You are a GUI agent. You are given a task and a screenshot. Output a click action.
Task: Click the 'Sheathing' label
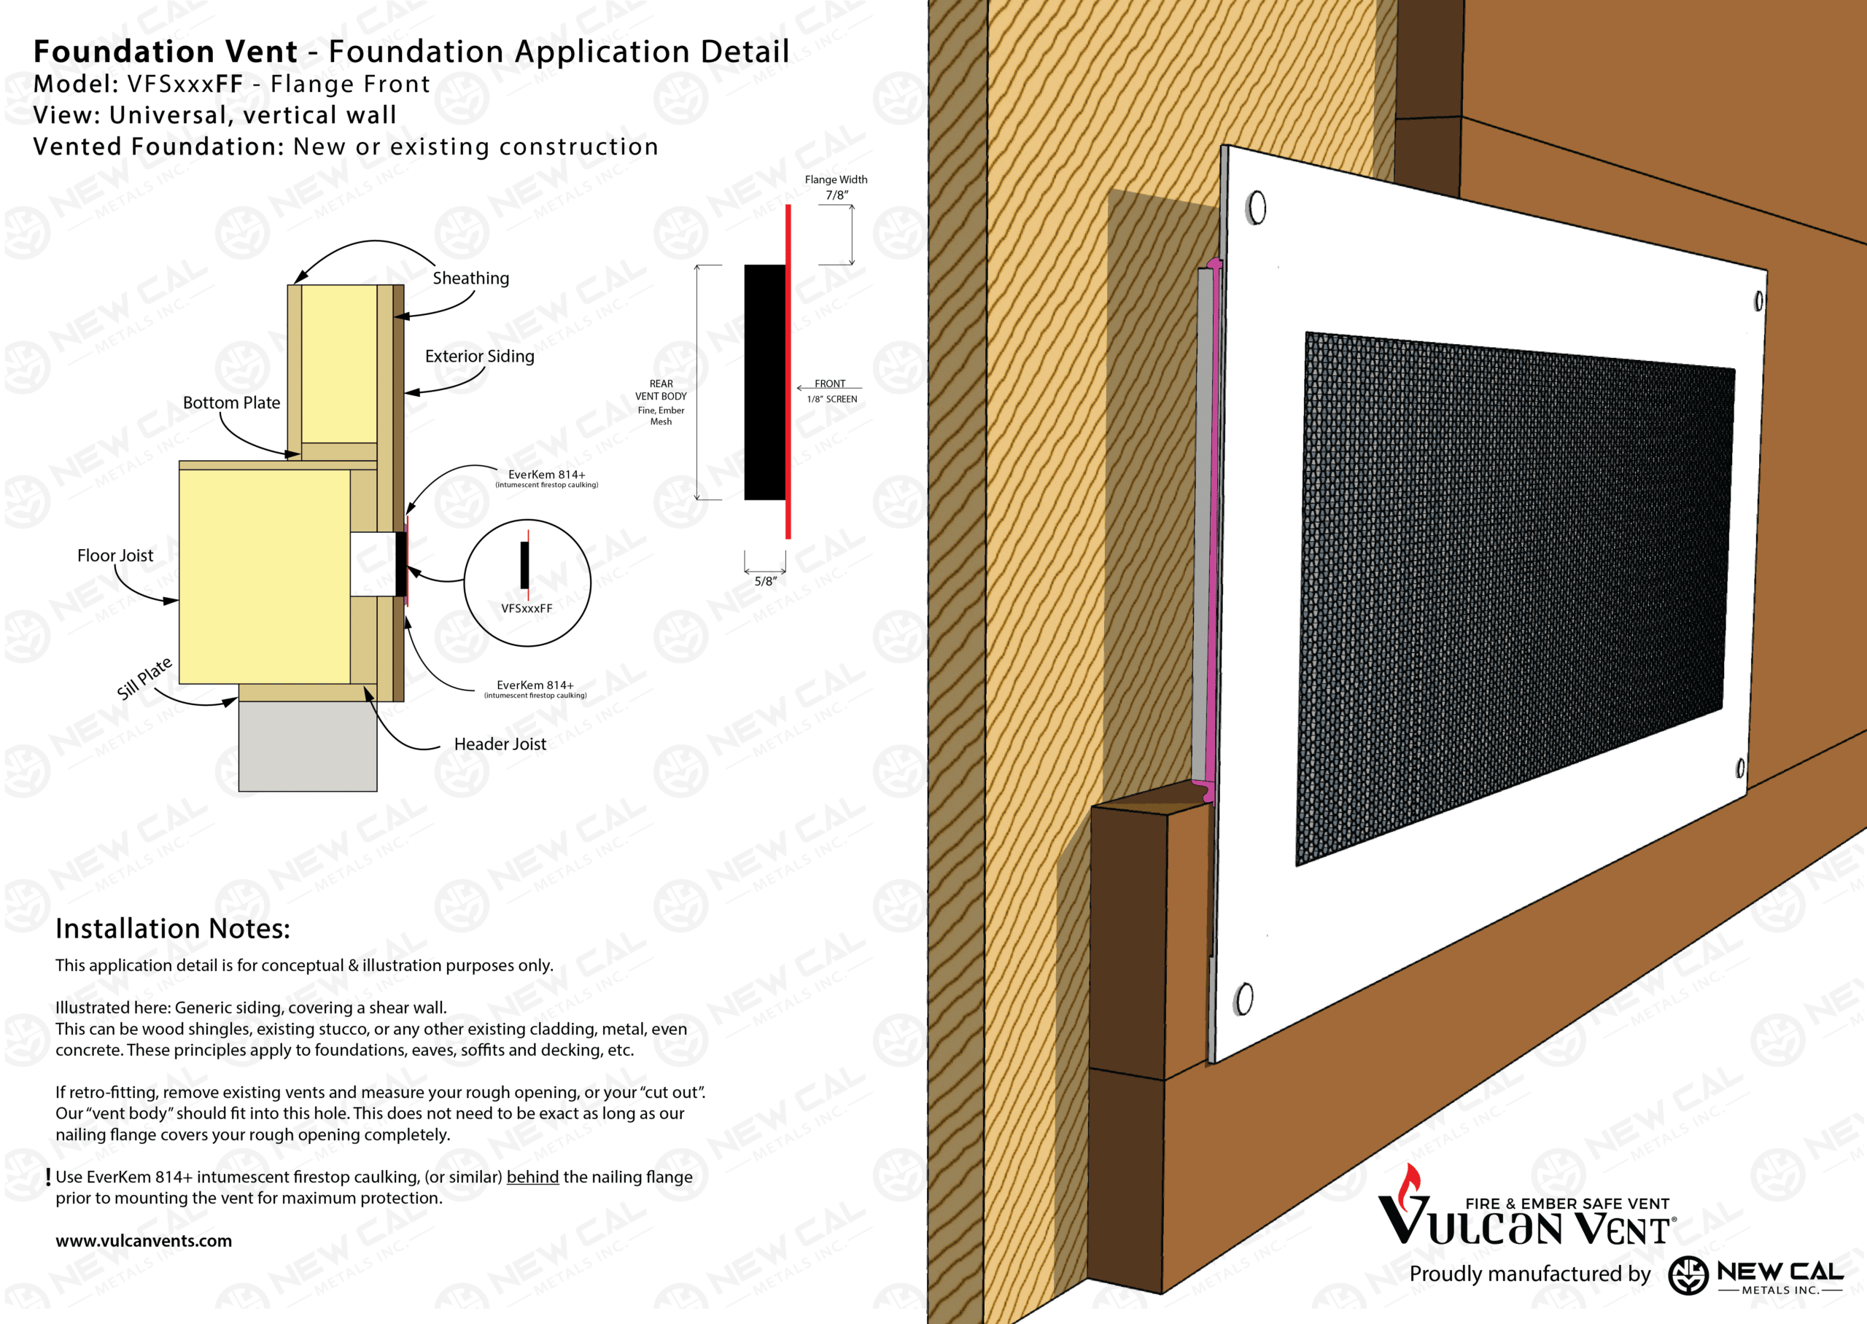coord(470,278)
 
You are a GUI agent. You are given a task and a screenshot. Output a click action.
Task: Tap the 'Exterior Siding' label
coord(479,357)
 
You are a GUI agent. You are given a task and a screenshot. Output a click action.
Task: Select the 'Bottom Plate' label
coord(231,402)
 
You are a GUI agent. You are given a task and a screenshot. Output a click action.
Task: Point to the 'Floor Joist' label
coord(115,556)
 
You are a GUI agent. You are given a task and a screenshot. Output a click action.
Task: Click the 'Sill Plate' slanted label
coord(144,678)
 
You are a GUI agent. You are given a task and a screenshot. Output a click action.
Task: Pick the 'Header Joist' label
coord(500,744)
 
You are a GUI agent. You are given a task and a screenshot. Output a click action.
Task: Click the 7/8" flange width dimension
coord(837,195)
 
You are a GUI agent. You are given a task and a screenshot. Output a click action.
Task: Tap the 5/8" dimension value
coord(766,581)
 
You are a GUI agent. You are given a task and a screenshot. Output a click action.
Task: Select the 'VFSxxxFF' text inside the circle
coord(527,608)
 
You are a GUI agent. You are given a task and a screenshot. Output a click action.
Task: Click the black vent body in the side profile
coord(765,381)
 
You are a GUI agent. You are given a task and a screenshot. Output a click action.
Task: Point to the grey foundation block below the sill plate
coord(307,746)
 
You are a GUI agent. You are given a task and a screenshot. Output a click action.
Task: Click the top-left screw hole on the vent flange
coord(1257,207)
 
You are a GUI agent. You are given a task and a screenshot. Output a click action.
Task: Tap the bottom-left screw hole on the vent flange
coord(1244,999)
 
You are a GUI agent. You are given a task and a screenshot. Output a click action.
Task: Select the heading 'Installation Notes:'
coord(173,929)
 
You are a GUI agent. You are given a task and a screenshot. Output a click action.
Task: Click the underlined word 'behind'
coord(532,1177)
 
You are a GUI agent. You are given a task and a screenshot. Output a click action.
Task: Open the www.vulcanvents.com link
coord(144,1241)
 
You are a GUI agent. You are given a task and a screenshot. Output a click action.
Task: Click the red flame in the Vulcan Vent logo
coord(1410,1186)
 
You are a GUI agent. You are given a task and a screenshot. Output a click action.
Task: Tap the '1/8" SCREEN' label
coord(831,399)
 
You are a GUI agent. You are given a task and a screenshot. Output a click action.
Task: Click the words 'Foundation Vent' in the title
coord(166,51)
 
